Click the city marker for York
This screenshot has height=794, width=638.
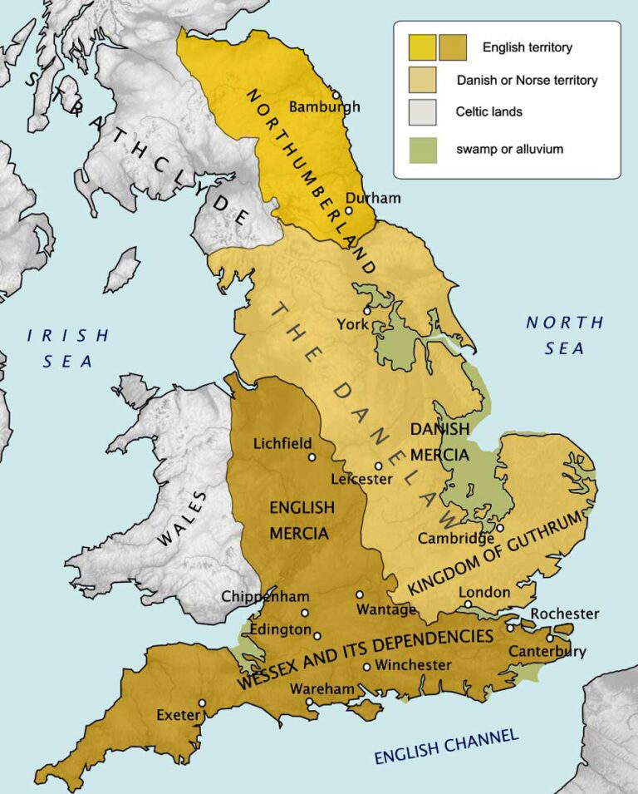tap(366, 309)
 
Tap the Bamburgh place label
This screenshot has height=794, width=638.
tap(324, 106)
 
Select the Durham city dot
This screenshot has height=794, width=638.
tap(349, 210)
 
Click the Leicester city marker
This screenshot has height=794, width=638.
tap(378, 466)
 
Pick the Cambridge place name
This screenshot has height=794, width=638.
tap(456, 539)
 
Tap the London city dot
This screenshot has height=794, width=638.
tap(468, 604)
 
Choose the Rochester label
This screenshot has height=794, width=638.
tap(565, 614)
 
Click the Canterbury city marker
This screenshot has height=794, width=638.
tap(550, 639)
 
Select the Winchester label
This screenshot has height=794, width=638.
tap(413, 665)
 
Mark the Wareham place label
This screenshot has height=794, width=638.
tap(322, 688)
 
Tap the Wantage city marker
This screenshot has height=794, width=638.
tap(360, 594)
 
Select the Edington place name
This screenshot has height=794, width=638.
tap(269, 630)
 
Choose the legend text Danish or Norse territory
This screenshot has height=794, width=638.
tap(527, 81)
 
